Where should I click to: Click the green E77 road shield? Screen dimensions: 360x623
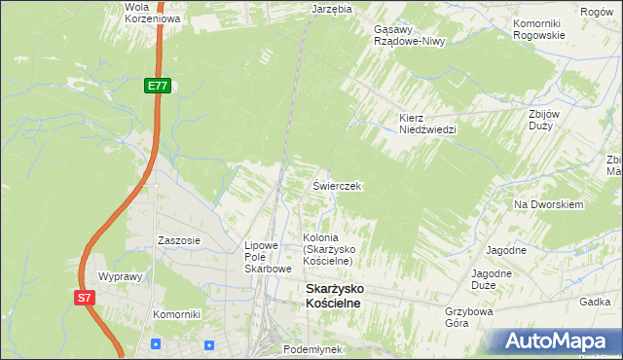pos(158,86)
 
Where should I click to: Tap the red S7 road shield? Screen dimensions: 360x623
pos(85,299)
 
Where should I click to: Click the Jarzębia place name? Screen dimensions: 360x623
pos(331,8)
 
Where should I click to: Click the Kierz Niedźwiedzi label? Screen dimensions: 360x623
pos(427,124)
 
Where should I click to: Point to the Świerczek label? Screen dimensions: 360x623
pos(337,185)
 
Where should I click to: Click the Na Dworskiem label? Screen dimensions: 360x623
pos(548,205)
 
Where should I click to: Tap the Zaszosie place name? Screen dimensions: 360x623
pos(179,240)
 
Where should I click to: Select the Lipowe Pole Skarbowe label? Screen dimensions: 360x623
pos(268,257)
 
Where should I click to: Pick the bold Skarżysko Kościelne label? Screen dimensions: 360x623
pos(347,297)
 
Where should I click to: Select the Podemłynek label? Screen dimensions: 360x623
pos(312,348)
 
